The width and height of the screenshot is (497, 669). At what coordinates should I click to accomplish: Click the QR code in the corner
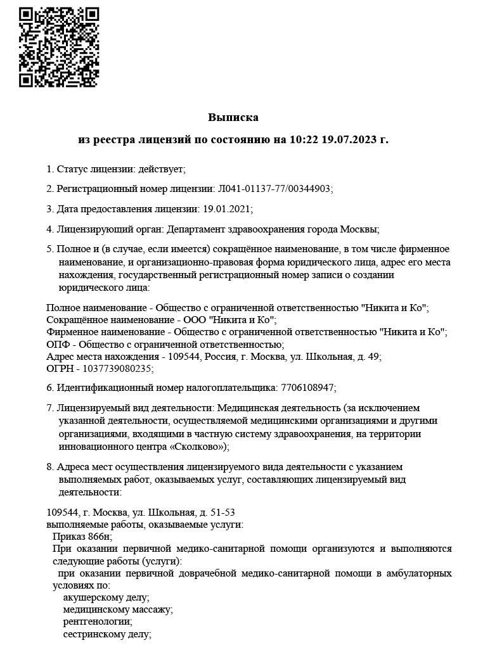click(59, 47)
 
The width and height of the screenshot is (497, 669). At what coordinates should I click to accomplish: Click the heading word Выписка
click(233, 117)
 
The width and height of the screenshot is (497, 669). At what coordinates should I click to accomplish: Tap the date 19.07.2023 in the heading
click(349, 138)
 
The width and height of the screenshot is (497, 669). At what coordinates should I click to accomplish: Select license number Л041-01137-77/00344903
click(274, 189)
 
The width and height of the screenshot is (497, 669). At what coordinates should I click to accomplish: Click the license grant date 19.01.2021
click(227, 208)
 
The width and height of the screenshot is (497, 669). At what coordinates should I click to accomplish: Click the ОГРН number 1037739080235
click(111, 367)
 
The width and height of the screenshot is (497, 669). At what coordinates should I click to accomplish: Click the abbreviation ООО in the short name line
click(194, 319)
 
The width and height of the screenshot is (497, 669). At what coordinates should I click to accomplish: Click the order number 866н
click(96, 536)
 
